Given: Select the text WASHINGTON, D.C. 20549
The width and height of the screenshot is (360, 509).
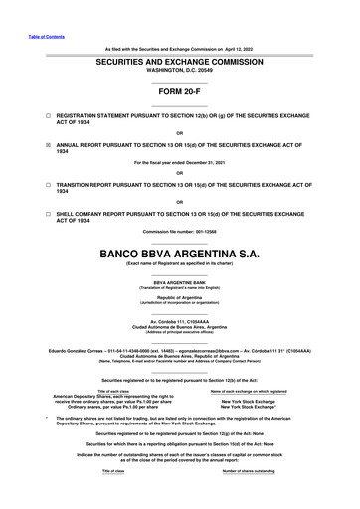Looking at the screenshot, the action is pyautogui.click(x=179, y=70).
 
